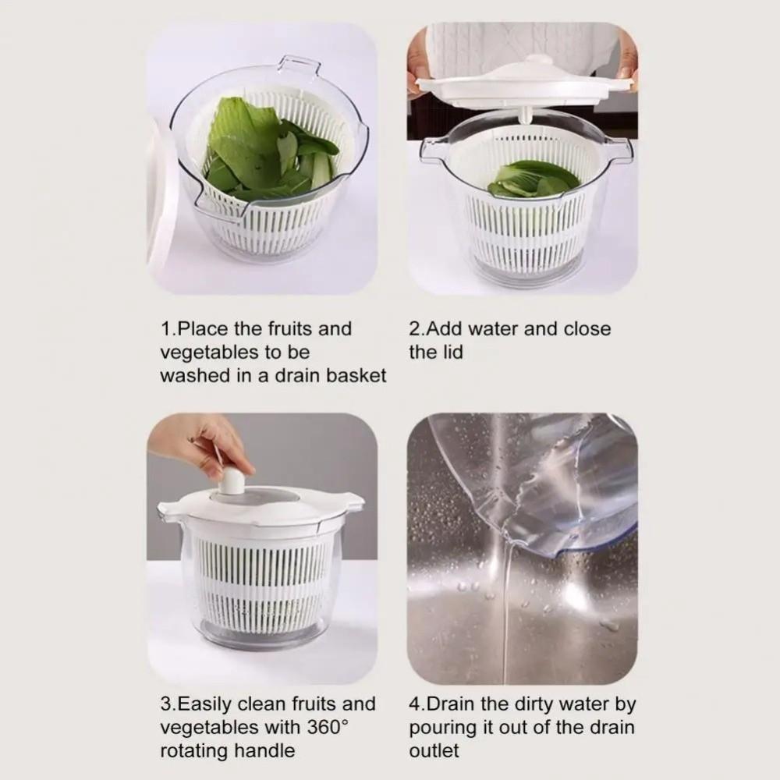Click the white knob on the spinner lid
point(231,481)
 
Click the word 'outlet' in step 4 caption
point(434,751)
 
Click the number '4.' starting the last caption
point(417,704)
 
